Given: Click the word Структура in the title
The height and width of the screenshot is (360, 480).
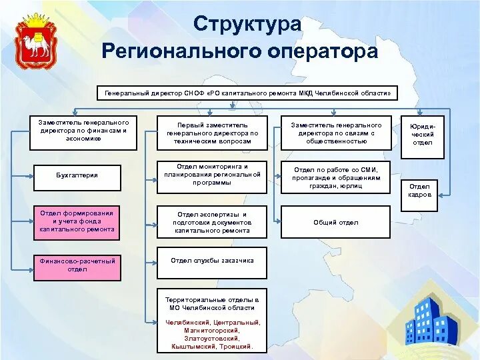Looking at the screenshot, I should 247,24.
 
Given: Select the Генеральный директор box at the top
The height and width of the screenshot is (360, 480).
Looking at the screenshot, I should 247,93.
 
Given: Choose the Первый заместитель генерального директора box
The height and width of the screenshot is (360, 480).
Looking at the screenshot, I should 212,133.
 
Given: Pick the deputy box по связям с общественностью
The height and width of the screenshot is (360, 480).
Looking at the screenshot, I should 336,133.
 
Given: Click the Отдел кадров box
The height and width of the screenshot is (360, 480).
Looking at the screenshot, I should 419,191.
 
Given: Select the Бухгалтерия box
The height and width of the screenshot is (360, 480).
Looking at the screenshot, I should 77,175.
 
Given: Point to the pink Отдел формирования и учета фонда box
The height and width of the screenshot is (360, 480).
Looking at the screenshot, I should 77,221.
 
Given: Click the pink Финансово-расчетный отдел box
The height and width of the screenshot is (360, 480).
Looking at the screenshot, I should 77,265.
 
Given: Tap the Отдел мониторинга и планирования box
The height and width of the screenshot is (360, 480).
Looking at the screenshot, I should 212,175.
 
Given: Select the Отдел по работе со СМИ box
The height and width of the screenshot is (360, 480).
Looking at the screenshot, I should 336,178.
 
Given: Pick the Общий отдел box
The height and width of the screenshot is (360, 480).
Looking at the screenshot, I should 336,222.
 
